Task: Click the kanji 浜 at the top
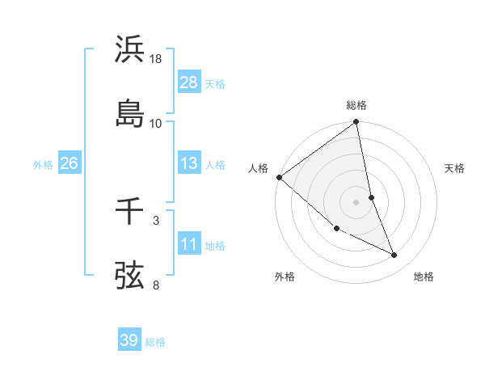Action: (130, 50)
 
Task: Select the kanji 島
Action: (130, 112)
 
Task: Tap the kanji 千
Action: (130, 211)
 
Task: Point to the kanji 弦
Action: (130, 274)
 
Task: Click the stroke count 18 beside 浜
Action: (156, 60)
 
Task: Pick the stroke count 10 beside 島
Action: (156, 123)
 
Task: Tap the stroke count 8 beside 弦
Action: (156, 285)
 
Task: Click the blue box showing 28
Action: (188, 82)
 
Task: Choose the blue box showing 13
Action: (188, 163)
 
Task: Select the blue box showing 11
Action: (188, 244)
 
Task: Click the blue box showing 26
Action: (69, 163)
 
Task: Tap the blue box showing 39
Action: (129, 340)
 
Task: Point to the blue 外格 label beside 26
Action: (43, 164)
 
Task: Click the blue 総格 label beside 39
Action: (155, 342)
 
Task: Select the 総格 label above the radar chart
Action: (356, 105)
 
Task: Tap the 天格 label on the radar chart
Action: (455, 168)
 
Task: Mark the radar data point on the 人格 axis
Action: (279, 177)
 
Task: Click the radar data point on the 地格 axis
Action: (394, 255)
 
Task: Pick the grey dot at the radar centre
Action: (356, 202)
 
